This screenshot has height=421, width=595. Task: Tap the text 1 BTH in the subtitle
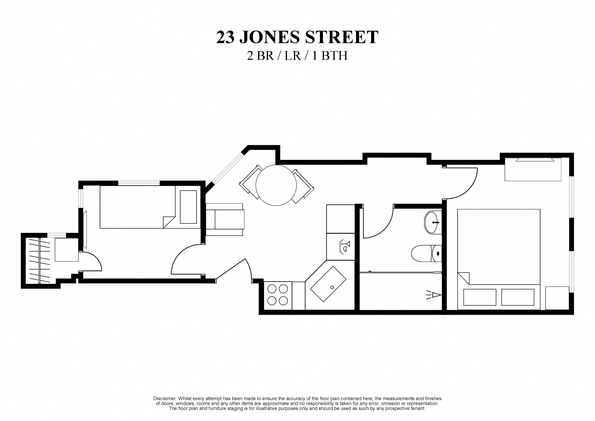point(330,56)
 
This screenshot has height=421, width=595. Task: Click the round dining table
point(276,185)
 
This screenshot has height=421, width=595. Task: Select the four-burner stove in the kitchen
point(277,295)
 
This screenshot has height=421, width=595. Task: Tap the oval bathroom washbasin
point(432,223)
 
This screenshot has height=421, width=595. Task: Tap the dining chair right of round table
point(303,186)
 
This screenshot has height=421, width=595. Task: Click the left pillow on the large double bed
point(479,297)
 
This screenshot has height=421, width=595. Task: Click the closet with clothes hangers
point(39,260)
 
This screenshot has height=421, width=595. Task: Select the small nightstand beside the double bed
point(557,298)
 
